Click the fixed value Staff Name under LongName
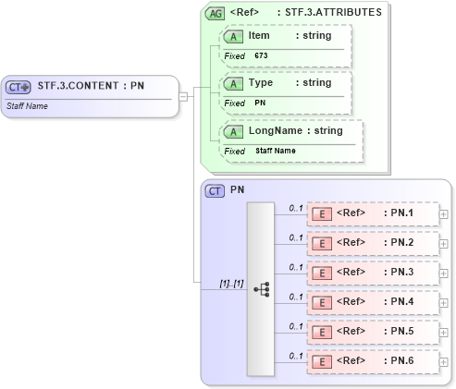point(276,151)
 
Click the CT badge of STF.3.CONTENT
point(18,87)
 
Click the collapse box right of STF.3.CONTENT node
point(184,95)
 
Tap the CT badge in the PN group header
point(216,190)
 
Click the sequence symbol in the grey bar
point(261,289)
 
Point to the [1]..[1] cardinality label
point(231,283)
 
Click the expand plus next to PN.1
point(443,214)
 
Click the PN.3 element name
point(401,273)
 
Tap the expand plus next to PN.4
point(443,303)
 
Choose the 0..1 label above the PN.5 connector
point(296,325)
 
